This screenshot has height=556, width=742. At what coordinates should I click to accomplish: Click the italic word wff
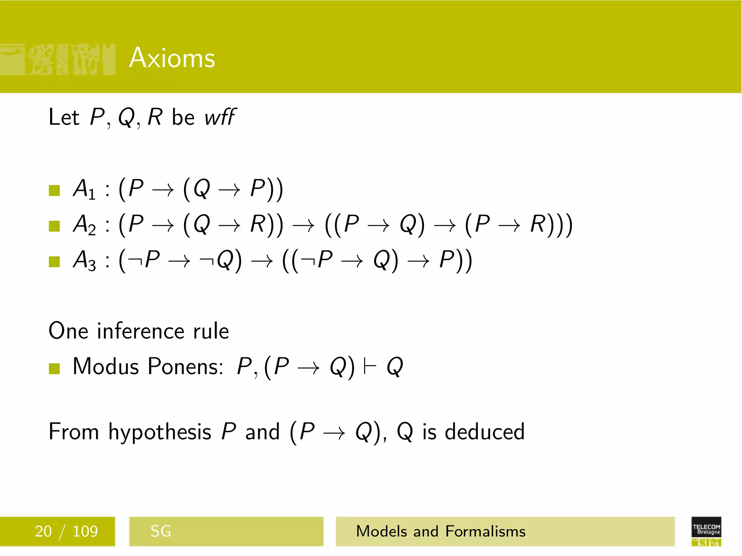pos(220,117)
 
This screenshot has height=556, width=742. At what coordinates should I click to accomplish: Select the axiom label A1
pos(84,189)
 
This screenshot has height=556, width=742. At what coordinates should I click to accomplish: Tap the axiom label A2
pos(84,224)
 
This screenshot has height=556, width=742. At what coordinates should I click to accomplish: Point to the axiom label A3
pos(84,260)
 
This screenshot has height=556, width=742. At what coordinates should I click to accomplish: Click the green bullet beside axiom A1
pos(54,190)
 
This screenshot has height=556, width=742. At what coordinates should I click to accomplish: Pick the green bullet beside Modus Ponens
pos(54,368)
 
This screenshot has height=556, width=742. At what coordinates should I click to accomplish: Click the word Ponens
pos(185,366)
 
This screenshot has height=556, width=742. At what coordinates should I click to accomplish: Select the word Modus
pos(106,366)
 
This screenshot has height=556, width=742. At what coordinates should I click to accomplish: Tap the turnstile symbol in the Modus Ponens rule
pos(370,366)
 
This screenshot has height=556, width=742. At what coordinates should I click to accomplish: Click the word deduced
pos(484,432)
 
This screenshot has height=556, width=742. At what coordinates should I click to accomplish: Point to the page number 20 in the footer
pos(43,531)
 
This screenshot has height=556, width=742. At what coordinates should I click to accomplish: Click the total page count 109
pos(85,531)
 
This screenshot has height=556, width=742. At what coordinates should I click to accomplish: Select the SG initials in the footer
pos(161,531)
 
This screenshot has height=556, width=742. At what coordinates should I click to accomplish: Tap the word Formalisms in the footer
pos(485,531)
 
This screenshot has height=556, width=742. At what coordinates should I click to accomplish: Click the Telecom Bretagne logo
pos(706,531)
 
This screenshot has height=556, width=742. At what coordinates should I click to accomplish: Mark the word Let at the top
pos(64,117)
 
